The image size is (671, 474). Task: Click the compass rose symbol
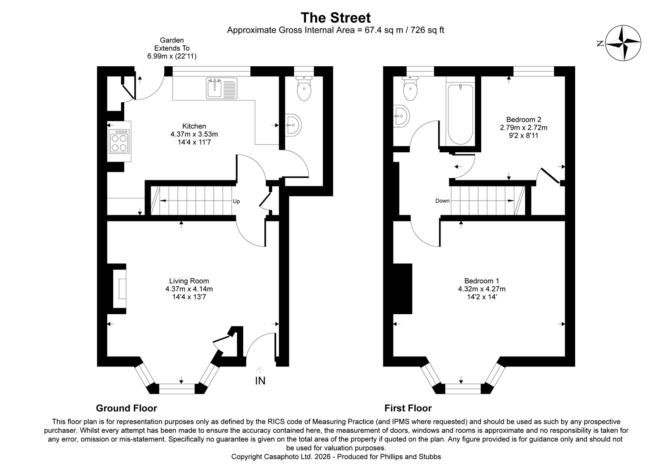click(623, 43)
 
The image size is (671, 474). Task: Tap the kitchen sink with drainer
click(221, 88)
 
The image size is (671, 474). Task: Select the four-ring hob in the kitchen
click(119, 141)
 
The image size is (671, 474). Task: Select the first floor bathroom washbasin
click(401, 117)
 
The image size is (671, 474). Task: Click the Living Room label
click(189, 281)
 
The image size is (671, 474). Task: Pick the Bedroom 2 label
click(523, 119)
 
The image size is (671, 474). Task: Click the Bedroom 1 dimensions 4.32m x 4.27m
click(481, 289)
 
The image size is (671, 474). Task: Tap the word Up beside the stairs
click(236, 201)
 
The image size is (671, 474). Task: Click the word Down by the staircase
click(442, 201)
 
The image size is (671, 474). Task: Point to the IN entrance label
click(260, 381)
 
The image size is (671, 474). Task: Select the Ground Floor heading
click(126, 408)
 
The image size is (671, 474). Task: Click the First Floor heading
click(408, 408)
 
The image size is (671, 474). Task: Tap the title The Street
click(335, 18)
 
